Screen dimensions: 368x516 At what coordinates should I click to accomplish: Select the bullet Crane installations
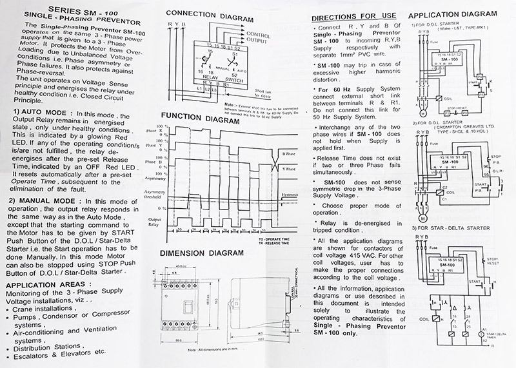(x=45, y=309)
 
